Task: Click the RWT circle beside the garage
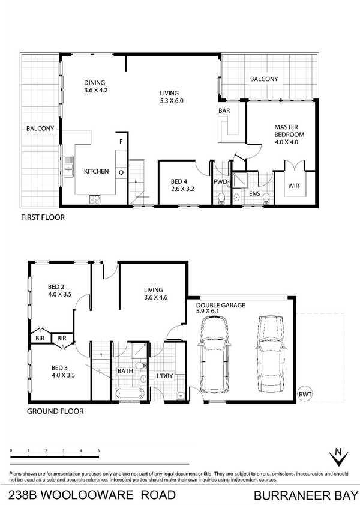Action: (305, 393)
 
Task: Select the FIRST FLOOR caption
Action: (43, 217)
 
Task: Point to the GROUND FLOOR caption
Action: (55, 411)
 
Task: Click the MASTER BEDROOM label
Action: (289, 131)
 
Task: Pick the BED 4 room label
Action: (179, 182)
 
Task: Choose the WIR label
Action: (293, 186)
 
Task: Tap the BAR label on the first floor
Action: (224, 111)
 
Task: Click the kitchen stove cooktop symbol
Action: (95, 199)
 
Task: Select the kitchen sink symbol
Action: (68, 166)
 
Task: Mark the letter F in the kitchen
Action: (121, 142)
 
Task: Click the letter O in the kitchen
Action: (121, 172)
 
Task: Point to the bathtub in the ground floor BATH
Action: (130, 393)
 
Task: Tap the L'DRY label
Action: (165, 376)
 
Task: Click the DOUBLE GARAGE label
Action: (220, 305)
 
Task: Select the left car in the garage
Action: (215, 354)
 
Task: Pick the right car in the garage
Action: (271, 353)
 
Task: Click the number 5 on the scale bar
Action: (98, 451)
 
